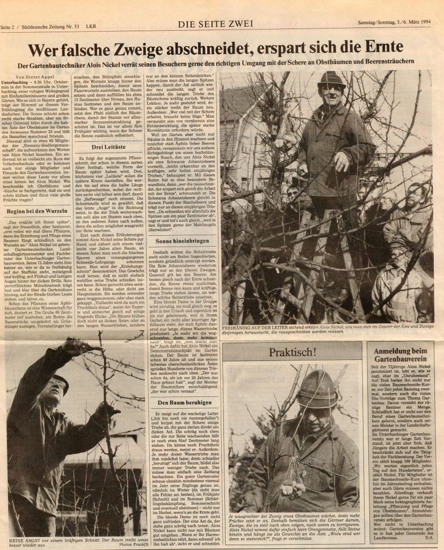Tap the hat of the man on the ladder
pos(331,79)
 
